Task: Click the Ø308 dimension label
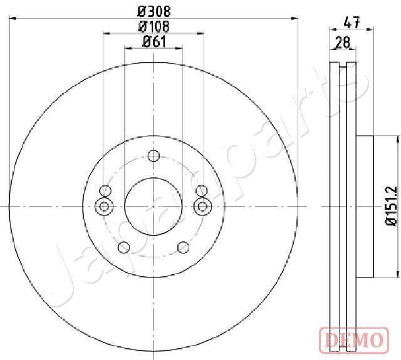[154, 11]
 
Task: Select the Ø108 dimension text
[154, 26]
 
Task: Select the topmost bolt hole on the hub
[154, 157]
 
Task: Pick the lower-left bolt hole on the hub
[124, 247]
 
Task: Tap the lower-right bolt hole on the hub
[183, 247]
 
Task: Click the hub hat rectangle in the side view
[365, 206]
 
